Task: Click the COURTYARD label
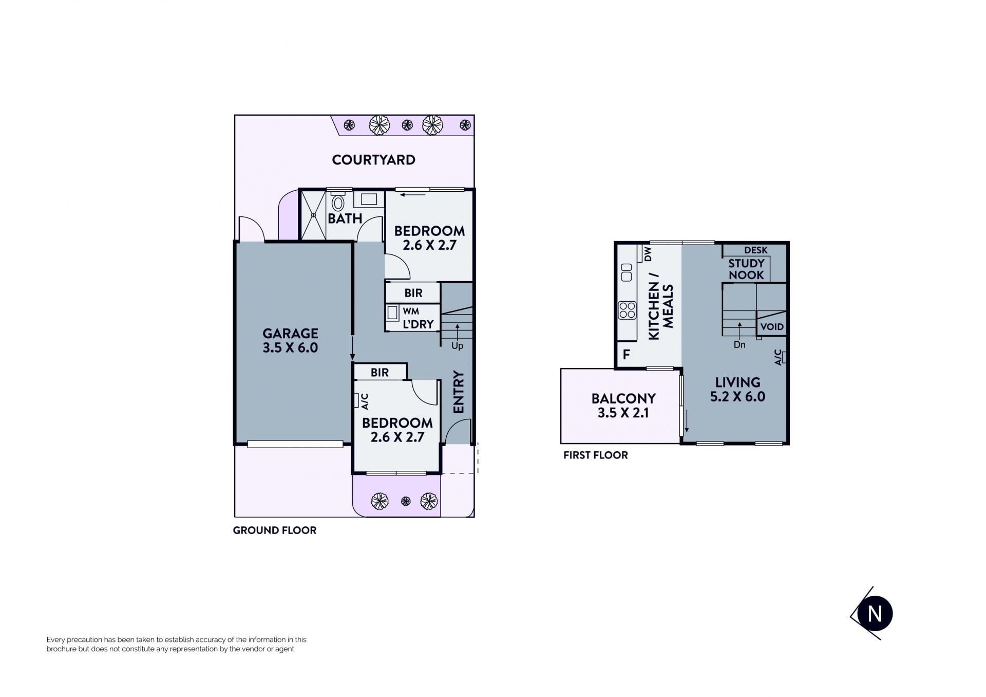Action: click(x=373, y=160)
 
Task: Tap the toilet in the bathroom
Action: click(x=338, y=201)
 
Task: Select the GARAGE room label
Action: click(x=290, y=333)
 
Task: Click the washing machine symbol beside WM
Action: click(x=393, y=313)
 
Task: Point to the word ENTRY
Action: click(x=459, y=392)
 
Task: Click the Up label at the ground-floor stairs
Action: click(x=457, y=346)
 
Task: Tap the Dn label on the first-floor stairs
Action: click(x=739, y=345)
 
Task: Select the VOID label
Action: click(x=772, y=327)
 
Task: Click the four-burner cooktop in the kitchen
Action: click(x=627, y=310)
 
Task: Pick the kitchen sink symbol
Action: click(x=627, y=272)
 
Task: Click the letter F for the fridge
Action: click(x=626, y=354)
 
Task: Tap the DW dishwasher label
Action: click(x=648, y=254)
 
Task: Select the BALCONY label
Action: click(x=623, y=398)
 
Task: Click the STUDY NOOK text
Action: click(x=746, y=269)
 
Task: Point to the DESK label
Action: click(x=756, y=250)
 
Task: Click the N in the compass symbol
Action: click(x=875, y=614)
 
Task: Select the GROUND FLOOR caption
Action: click(x=275, y=530)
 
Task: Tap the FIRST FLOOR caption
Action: click(x=596, y=455)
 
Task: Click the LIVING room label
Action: click(x=738, y=382)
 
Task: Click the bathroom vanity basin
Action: click(x=369, y=199)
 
